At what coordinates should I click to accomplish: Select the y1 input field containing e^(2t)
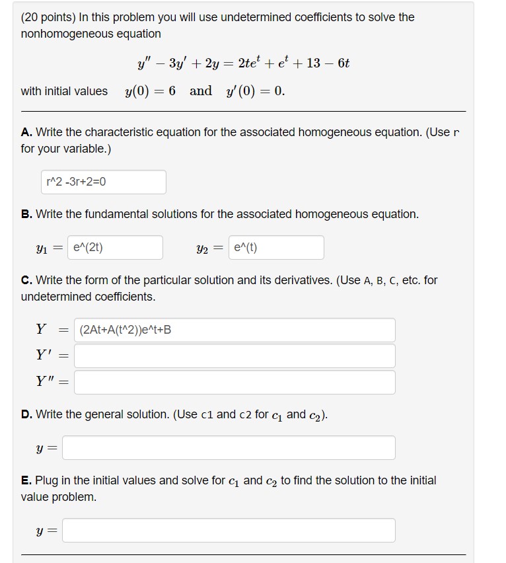115,248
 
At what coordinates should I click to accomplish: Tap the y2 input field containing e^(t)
277,248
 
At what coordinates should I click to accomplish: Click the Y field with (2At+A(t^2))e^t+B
235,330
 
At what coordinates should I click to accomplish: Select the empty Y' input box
235,356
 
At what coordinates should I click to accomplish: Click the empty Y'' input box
235,382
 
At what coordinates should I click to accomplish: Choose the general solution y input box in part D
229,448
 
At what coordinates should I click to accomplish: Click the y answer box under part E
229,531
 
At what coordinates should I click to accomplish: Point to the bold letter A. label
27,132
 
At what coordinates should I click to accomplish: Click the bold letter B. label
27,214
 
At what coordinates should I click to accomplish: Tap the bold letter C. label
27,280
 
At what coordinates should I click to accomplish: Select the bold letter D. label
27,414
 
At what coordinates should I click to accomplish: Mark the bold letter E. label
27,480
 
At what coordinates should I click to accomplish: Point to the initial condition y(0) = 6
150,91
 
